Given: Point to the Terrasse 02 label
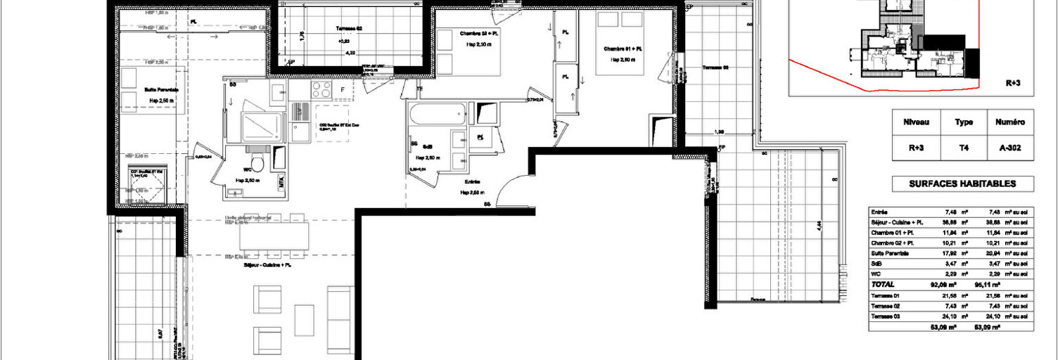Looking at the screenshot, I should point(348,28).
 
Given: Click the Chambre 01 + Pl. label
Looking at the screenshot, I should point(623,49).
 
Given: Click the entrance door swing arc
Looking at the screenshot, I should point(510,184).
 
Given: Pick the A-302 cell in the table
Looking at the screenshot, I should point(1011,148).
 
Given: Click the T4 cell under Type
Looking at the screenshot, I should point(964,148).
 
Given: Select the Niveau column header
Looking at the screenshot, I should point(916,122).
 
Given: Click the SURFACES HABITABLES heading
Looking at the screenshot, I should point(962,184).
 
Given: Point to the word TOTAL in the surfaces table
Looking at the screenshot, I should point(884,285).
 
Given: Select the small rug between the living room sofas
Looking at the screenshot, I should point(304,320).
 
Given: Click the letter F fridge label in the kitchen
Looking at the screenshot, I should point(343,90).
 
